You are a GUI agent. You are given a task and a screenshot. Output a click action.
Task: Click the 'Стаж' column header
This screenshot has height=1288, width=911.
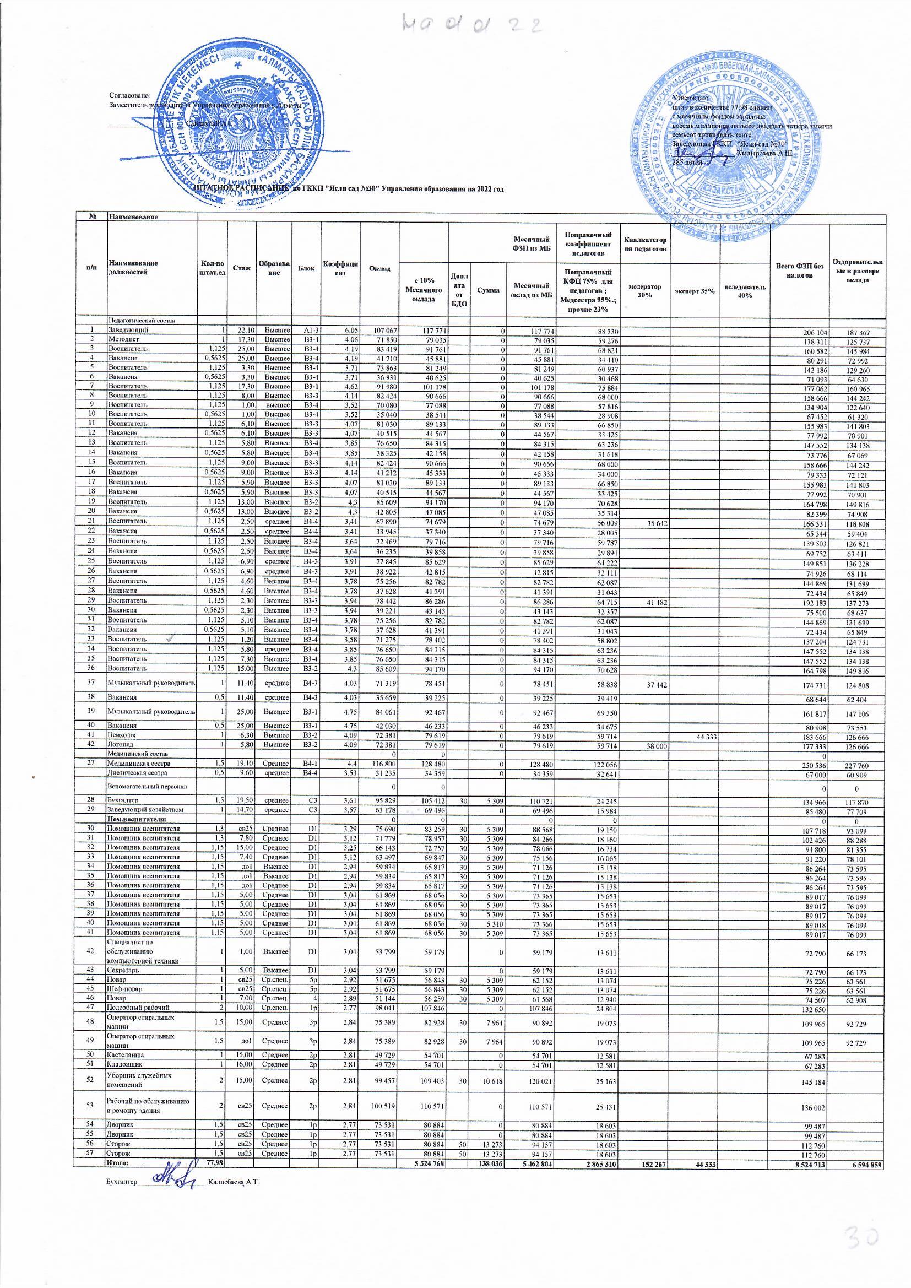242,268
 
